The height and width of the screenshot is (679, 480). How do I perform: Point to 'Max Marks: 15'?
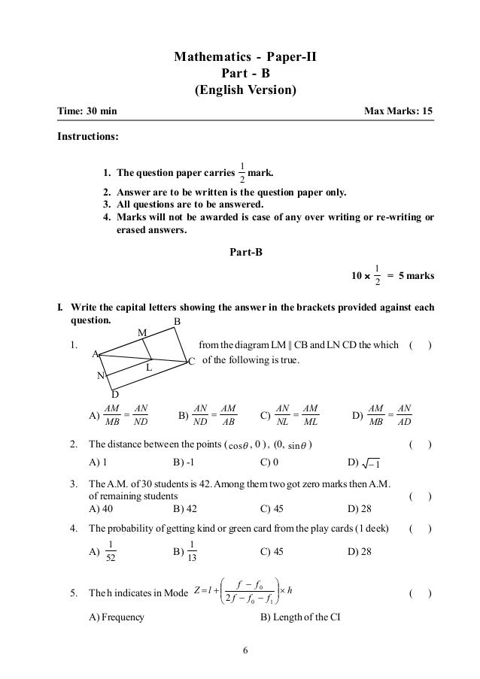tap(398, 112)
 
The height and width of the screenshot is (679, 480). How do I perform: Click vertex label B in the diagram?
tap(178, 322)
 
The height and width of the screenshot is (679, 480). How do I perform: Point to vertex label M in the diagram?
tap(141, 332)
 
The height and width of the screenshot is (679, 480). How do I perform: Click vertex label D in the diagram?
tap(114, 393)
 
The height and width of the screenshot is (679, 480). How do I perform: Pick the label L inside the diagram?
tap(149, 368)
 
